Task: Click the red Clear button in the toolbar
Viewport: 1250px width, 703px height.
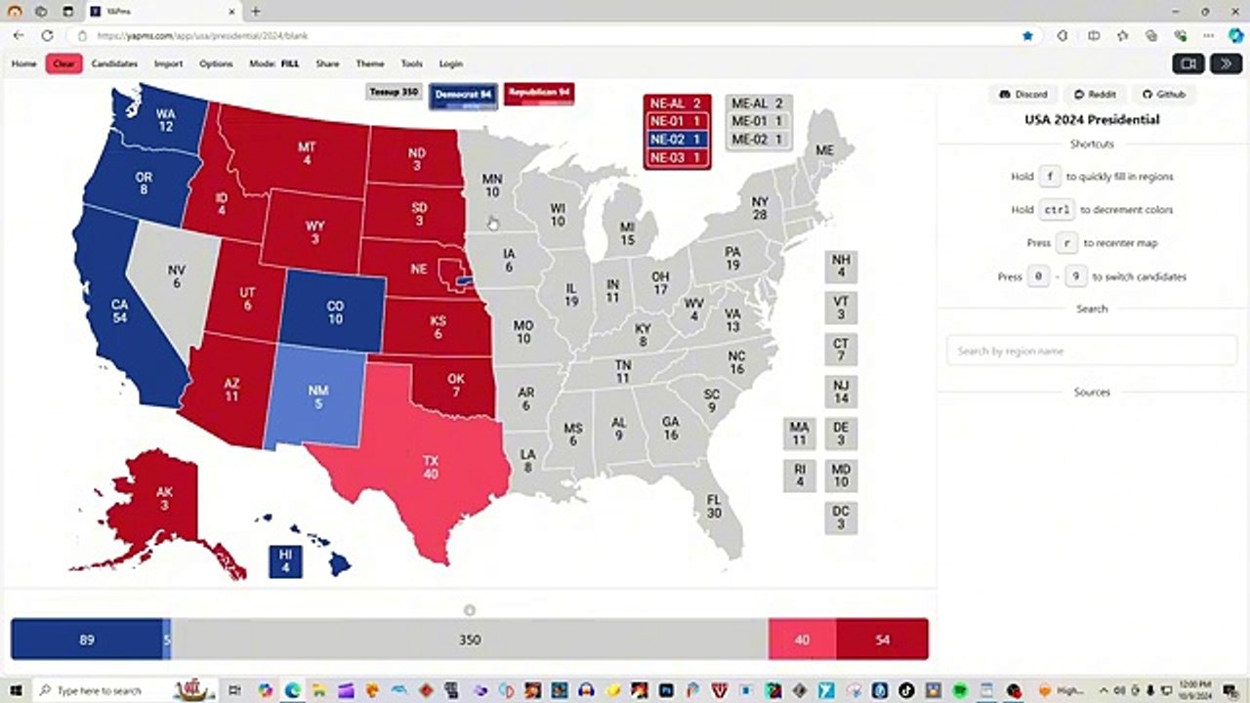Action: tap(63, 63)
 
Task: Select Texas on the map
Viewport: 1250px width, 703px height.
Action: tap(430, 467)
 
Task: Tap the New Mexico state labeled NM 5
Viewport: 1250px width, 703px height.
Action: tap(317, 396)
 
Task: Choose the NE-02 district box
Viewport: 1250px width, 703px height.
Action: tap(676, 140)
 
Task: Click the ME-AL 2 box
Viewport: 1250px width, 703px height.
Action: tap(758, 103)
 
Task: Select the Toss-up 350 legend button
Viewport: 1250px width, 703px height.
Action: tap(394, 93)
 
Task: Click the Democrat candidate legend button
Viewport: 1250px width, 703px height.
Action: tap(463, 95)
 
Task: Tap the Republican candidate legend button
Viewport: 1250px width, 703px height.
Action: tap(539, 93)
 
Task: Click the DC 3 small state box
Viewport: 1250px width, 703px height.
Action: tap(841, 517)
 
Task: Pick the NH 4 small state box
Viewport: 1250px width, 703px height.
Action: tap(841, 266)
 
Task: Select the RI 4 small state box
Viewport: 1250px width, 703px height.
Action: tap(800, 476)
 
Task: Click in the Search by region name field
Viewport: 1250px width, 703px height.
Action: tap(1091, 351)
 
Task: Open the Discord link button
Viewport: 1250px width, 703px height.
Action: tap(1022, 95)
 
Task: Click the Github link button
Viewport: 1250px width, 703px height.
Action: tap(1163, 95)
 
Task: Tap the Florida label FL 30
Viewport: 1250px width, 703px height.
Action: tap(714, 506)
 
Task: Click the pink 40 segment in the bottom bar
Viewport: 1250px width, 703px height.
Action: tap(802, 640)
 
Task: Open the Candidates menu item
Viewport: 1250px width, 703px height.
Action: tap(114, 63)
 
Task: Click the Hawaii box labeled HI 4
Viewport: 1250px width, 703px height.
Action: tap(285, 560)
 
